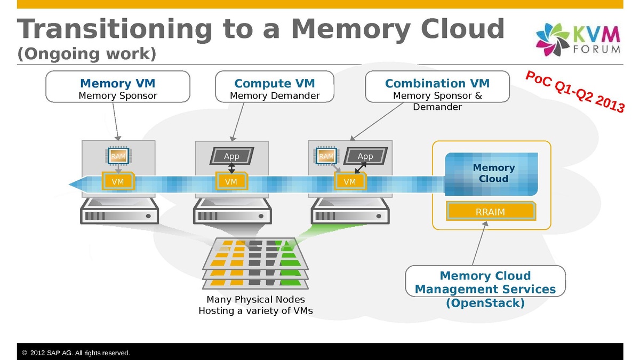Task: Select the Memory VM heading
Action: click(x=117, y=83)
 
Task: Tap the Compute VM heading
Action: click(x=274, y=83)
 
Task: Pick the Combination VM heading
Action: click(x=437, y=83)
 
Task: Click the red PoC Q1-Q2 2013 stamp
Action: click(x=575, y=91)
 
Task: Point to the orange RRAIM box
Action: click(x=490, y=212)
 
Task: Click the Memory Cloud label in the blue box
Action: click(x=493, y=173)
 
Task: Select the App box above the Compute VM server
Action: click(x=231, y=156)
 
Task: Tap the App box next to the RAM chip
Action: click(x=365, y=156)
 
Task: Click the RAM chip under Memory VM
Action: click(x=118, y=156)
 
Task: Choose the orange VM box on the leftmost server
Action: click(x=118, y=182)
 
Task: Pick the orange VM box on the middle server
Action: click(x=231, y=182)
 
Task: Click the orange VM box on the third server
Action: click(x=350, y=182)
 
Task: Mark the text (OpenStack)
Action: click(x=485, y=303)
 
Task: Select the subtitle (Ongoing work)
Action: click(x=86, y=54)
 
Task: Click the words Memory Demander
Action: click(x=274, y=96)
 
